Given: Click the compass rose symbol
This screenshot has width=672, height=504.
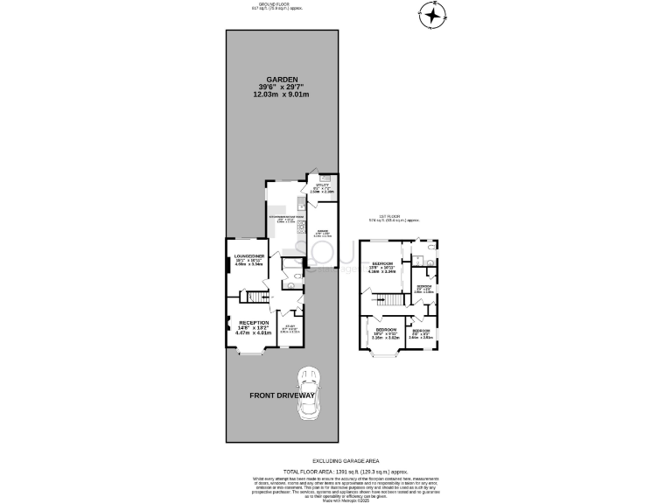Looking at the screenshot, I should [x=433, y=14].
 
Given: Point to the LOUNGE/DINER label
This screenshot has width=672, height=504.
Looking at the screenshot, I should [x=249, y=255].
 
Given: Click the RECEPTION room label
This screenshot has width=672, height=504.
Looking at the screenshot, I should [x=254, y=322].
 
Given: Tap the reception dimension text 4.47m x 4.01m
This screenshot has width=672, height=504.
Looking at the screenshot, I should [x=254, y=333].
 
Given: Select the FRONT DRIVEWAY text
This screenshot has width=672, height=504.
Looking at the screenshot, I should [x=282, y=395].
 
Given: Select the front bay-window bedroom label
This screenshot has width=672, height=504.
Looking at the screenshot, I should [x=385, y=332].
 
